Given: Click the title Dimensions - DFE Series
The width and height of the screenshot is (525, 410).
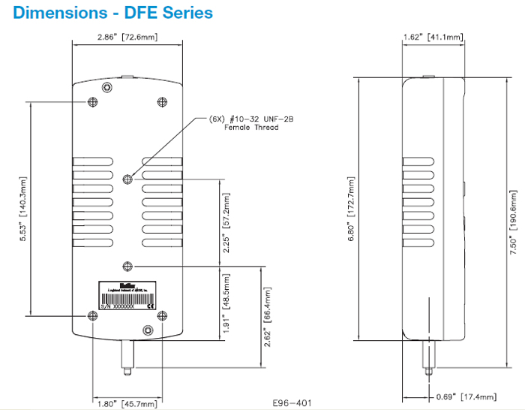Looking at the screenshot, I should [x=112, y=13].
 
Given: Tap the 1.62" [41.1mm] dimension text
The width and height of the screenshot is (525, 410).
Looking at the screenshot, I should [x=434, y=37].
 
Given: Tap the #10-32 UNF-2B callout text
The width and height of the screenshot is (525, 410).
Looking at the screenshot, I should [x=242, y=119].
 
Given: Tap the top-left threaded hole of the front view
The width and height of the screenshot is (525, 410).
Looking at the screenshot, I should [x=92, y=102].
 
